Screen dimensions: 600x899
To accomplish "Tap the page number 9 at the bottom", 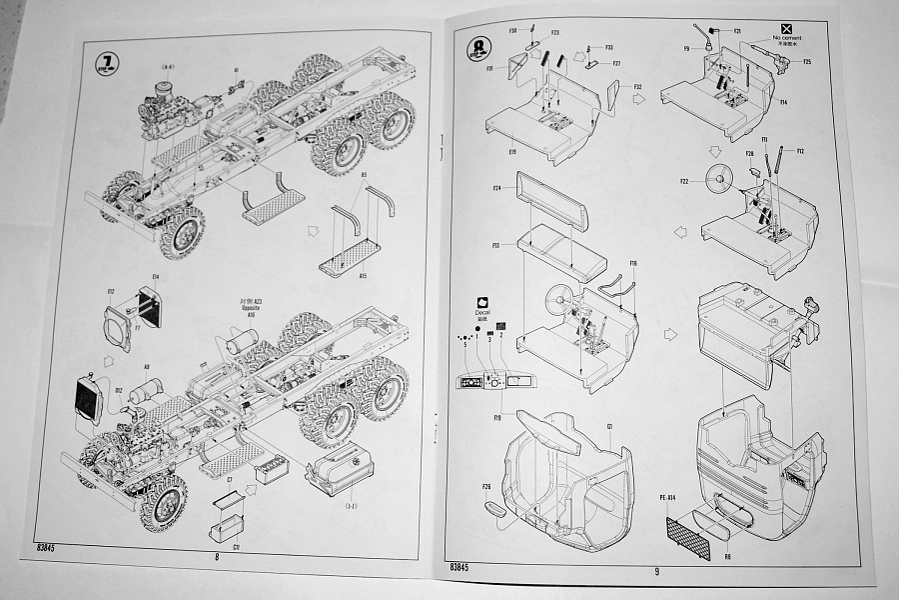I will tap(656, 571).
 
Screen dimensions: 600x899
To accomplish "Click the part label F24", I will tap(496, 186).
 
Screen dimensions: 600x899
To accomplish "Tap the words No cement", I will tap(787, 37).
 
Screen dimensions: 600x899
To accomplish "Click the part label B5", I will tap(364, 176).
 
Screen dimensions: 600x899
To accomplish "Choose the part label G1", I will tap(608, 426).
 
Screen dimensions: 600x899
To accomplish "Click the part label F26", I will tap(486, 488).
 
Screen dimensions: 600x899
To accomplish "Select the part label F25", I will tap(806, 62).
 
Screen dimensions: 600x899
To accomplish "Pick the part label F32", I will tap(636, 87).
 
